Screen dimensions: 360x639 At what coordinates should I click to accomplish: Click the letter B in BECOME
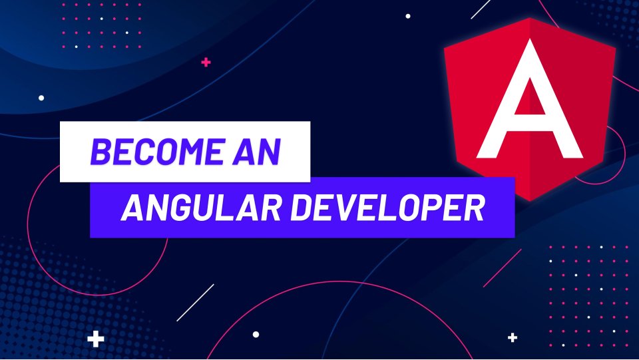pyautogui.click(x=101, y=152)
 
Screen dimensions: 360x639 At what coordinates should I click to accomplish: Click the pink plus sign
pyautogui.click(x=206, y=63)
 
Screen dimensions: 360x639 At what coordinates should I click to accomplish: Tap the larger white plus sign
pyautogui.click(x=97, y=339)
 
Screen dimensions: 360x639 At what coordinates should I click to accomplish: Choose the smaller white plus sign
pyautogui.click(x=512, y=338)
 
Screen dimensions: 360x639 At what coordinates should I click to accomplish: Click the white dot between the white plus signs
pyautogui.click(x=256, y=335)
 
